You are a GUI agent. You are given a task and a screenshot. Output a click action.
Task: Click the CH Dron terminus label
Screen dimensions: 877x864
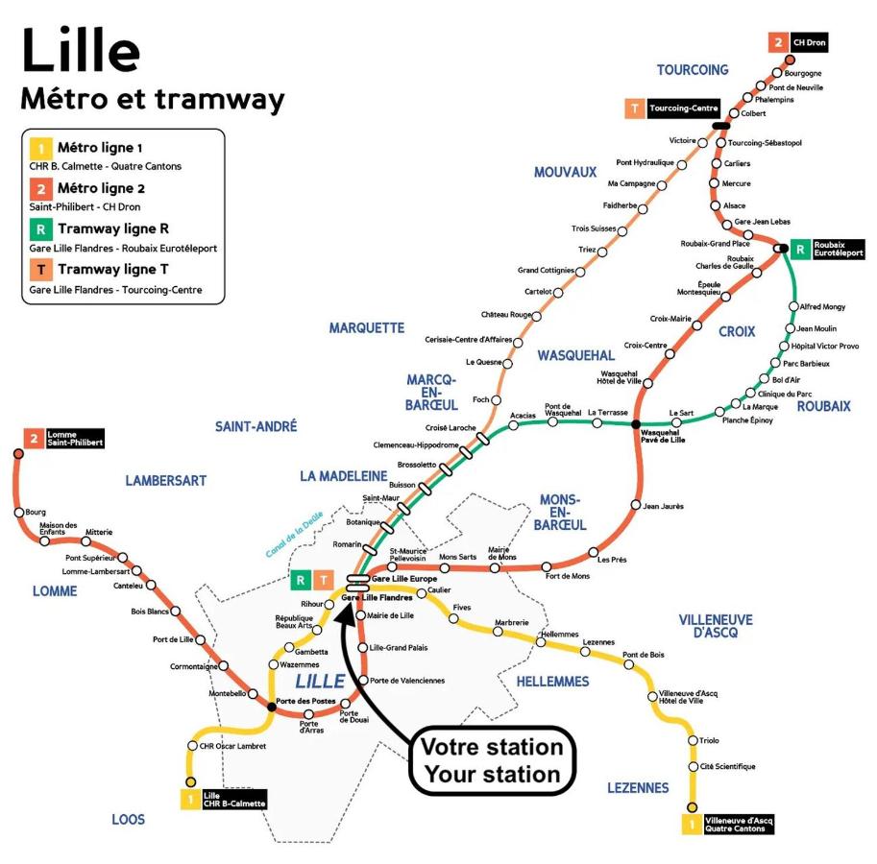(x=809, y=42)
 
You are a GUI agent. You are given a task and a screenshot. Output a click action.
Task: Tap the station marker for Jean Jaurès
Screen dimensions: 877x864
(x=635, y=505)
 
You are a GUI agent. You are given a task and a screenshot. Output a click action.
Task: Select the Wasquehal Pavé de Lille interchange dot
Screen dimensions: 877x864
(x=635, y=424)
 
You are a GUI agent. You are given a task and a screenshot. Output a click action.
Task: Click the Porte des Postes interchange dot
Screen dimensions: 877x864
(x=272, y=707)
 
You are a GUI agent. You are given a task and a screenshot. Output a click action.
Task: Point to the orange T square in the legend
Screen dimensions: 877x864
(x=41, y=270)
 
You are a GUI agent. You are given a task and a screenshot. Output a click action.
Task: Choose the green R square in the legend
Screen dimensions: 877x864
(x=41, y=229)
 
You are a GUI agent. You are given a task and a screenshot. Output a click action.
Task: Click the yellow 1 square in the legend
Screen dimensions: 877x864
(x=41, y=149)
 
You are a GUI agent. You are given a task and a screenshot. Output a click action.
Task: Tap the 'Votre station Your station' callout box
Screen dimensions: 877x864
(x=492, y=760)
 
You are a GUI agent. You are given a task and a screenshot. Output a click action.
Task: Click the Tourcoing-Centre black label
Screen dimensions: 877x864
(x=683, y=108)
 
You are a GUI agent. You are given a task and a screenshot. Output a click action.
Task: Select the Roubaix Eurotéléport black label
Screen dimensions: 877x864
(x=838, y=249)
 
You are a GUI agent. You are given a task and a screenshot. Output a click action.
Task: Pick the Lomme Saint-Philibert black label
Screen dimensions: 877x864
(x=74, y=438)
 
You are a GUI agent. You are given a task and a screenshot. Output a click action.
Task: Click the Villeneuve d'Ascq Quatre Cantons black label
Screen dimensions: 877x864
(x=739, y=825)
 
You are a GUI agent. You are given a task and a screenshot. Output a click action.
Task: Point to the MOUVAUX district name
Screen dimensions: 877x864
(x=565, y=172)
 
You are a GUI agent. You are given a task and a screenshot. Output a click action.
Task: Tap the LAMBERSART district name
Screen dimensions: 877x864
(x=165, y=481)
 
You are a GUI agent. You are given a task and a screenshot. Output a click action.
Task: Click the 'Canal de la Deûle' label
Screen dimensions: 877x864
(x=294, y=535)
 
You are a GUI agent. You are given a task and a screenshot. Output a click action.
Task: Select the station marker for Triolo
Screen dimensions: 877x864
(x=693, y=740)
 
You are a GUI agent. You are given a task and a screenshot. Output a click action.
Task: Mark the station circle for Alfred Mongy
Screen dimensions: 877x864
(x=793, y=306)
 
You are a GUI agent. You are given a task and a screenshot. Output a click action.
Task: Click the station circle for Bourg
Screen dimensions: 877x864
(x=19, y=513)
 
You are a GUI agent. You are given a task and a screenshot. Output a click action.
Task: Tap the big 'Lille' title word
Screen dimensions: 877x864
(x=81, y=49)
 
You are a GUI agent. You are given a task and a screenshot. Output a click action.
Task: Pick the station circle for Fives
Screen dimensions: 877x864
(x=453, y=618)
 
